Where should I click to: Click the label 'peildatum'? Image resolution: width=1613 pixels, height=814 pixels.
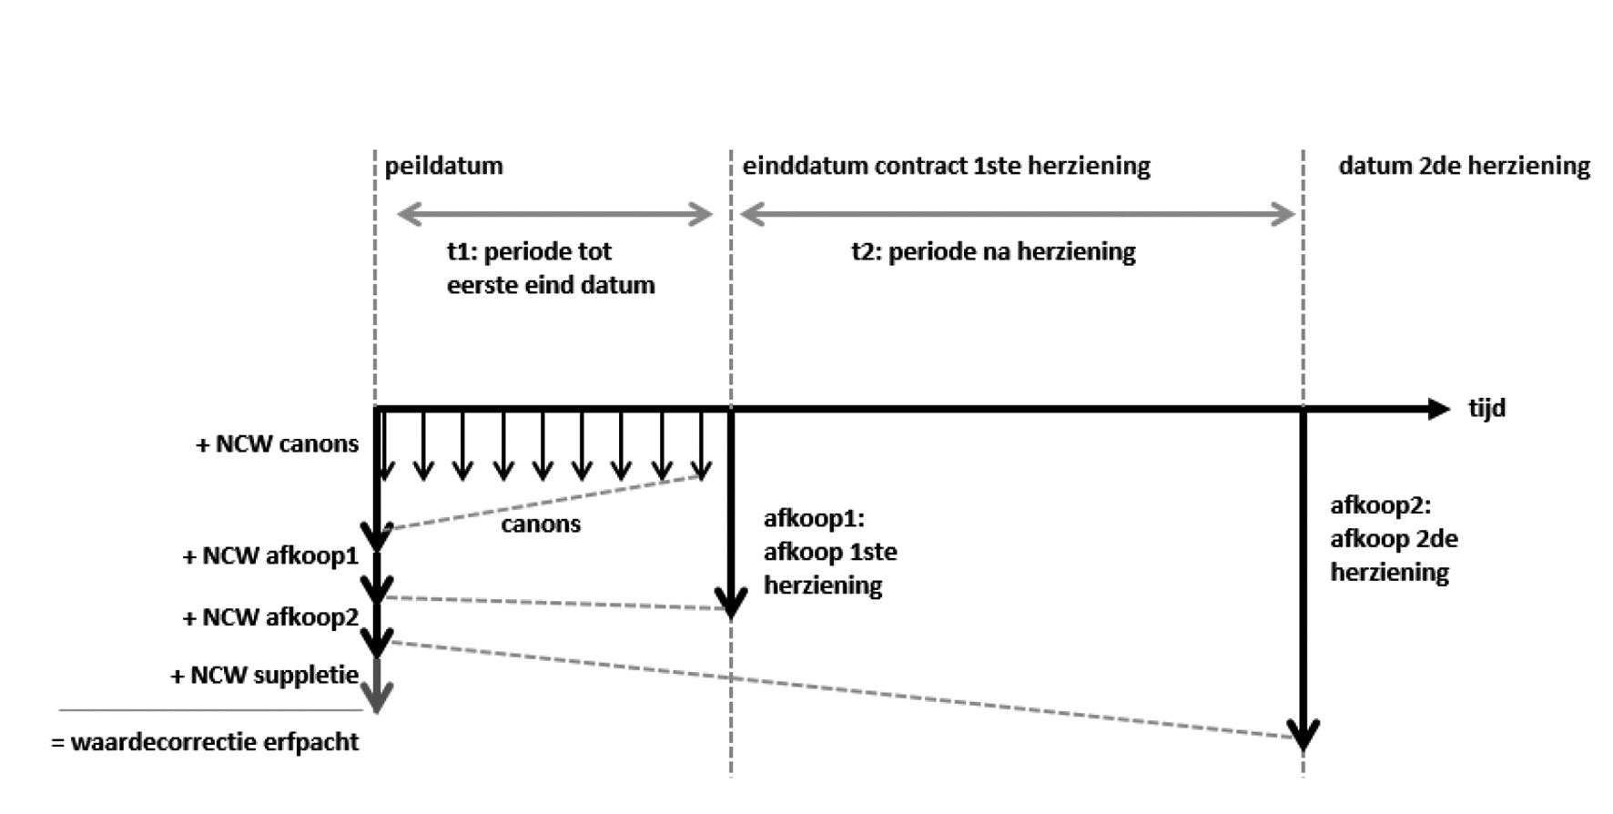click(x=443, y=166)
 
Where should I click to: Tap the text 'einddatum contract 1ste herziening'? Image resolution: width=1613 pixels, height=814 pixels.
click(x=946, y=166)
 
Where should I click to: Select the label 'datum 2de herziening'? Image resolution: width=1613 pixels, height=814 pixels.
click(x=1464, y=166)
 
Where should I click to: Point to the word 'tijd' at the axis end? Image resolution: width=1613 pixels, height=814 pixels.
click(x=1486, y=408)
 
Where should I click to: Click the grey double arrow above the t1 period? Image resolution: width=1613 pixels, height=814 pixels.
click(x=554, y=215)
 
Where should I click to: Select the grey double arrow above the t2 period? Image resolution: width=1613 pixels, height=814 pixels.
click(x=1017, y=215)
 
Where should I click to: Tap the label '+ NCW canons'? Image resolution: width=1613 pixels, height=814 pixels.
click(x=278, y=444)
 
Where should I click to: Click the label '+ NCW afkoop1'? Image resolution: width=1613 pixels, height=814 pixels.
click(x=270, y=556)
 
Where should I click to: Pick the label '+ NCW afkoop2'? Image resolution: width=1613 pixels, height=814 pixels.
click(x=270, y=617)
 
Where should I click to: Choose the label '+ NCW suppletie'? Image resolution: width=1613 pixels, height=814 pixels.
click(x=265, y=676)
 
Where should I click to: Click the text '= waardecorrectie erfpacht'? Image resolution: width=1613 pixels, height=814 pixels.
click(x=205, y=742)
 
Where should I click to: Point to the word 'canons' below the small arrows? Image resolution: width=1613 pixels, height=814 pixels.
click(x=541, y=524)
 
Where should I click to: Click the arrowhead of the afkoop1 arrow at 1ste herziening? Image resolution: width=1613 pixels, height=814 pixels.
click(x=731, y=604)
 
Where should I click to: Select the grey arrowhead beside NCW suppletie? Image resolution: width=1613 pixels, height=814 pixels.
click(x=377, y=697)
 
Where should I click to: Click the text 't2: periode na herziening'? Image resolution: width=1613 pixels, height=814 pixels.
click(x=993, y=251)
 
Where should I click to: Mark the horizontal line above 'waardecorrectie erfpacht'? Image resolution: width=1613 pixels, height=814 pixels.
click(x=211, y=709)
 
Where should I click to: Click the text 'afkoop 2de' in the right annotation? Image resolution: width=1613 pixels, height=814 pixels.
click(x=1394, y=539)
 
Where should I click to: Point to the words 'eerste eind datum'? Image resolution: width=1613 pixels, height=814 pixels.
click(x=551, y=285)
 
